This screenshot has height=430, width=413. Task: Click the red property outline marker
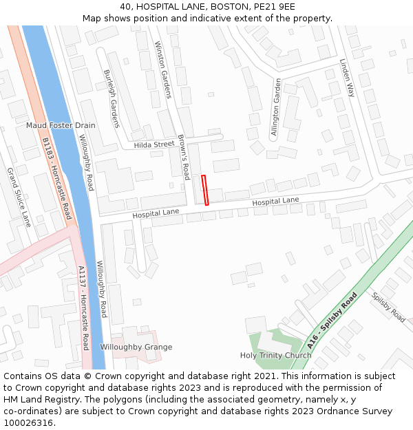click(x=204, y=190)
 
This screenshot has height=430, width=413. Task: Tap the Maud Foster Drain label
click(x=61, y=126)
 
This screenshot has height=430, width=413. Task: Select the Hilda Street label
click(x=154, y=144)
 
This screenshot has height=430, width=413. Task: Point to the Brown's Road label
click(x=184, y=157)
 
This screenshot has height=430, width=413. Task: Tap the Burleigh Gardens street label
click(x=112, y=98)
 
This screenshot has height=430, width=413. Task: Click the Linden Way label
click(x=346, y=77)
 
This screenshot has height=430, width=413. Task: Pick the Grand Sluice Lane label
click(x=19, y=197)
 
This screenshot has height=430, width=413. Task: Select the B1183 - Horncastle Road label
click(x=56, y=178)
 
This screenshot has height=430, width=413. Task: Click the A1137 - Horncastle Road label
click(x=83, y=308)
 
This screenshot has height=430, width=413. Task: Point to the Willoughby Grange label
click(x=136, y=347)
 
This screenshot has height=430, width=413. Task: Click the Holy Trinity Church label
click(x=275, y=356)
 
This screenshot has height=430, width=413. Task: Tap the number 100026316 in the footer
click(x=28, y=422)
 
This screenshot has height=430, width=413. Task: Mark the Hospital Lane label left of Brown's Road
click(x=156, y=215)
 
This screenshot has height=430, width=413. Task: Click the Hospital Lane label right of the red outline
click(x=275, y=201)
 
